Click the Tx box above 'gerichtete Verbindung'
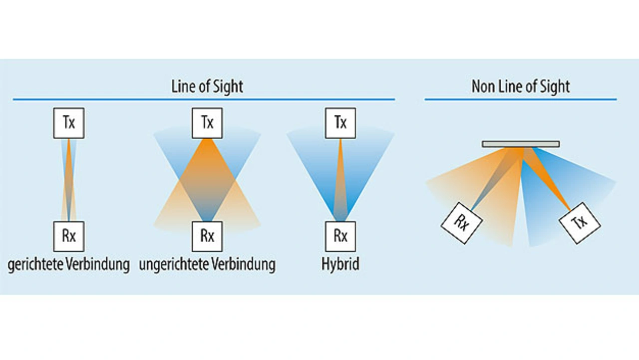(x=69, y=123)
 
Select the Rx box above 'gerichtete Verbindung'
(x=69, y=236)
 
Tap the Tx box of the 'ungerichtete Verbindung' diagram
(x=207, y=123)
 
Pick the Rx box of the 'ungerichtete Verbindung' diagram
(x=207, y=236)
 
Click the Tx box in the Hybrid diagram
(x=340, y=123)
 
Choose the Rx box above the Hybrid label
(x=340, y=236)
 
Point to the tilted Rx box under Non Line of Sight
(x=461, y=223)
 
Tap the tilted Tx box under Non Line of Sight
(x=579, y=223)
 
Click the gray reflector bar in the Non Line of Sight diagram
(x=521, y=144)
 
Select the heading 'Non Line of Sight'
(x=521, y=86)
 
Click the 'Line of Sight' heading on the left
(x=207, y=86)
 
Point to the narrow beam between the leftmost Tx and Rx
(x=69, y=180)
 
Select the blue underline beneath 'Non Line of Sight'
(x=521, y=99)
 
